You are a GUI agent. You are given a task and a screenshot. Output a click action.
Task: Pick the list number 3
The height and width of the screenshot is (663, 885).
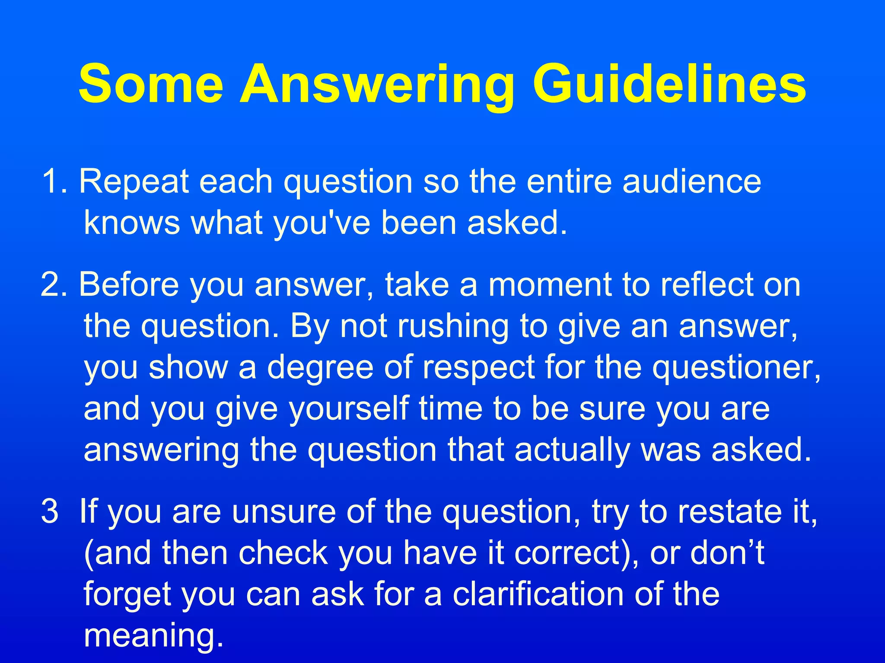[50, 511]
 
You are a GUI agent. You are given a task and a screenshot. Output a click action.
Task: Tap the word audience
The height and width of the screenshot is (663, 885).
[691, 181]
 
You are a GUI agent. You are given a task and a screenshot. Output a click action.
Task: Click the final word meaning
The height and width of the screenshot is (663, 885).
[153, 635]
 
